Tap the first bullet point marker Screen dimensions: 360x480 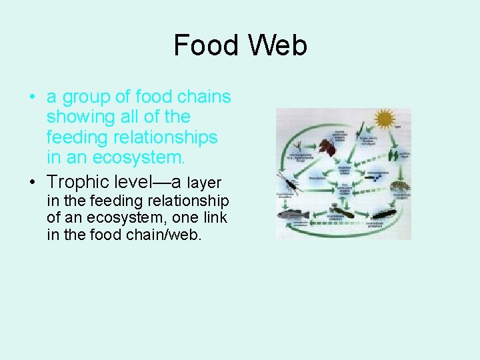pos(32,97)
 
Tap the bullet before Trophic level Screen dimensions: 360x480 pos(32,181)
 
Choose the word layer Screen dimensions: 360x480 pos(204,183)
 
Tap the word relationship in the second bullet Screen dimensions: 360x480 pos(187,201)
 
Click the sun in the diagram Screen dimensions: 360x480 pos(385,119)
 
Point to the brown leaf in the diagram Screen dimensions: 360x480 pos(327,147)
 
